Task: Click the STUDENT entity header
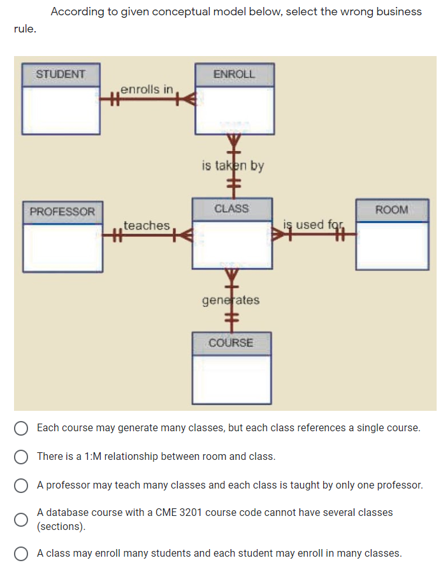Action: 61,74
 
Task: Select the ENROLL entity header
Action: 234,74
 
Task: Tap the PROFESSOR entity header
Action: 62,211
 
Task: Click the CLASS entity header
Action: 231,209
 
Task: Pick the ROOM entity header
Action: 391,210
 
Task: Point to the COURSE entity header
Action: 231,343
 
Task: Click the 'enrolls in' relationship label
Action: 147,89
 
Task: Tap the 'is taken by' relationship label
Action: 233,166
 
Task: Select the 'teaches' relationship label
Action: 147,225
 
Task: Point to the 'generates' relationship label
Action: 231,299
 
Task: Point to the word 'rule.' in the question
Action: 25,29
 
